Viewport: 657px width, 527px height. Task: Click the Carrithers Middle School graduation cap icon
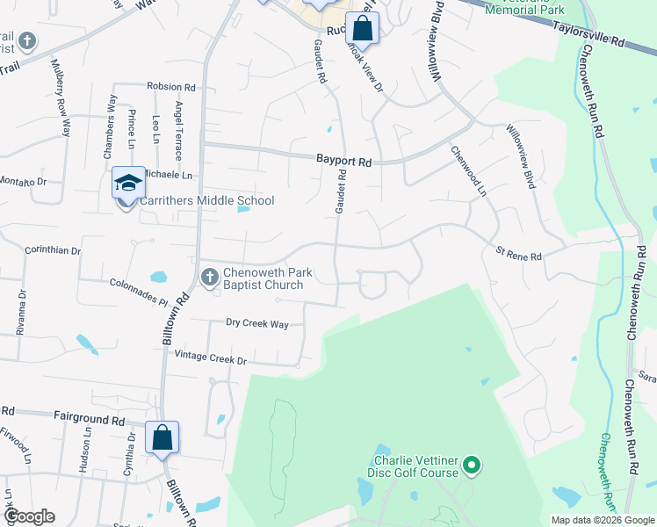point(128,184)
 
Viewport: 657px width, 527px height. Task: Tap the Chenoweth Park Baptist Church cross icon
point(209,278)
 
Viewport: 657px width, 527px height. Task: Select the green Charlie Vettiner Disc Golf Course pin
point(473,465)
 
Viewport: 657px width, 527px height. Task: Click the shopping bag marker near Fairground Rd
point(162,437)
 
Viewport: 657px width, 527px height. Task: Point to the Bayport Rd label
point(344,162)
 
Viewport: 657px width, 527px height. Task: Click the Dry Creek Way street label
point(257,324)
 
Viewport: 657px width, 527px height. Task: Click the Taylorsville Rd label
point(588,34)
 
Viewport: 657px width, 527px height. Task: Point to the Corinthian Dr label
point(52,250)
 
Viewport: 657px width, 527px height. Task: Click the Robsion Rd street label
point(171,88)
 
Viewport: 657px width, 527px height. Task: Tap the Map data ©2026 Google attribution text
point(602,520)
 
